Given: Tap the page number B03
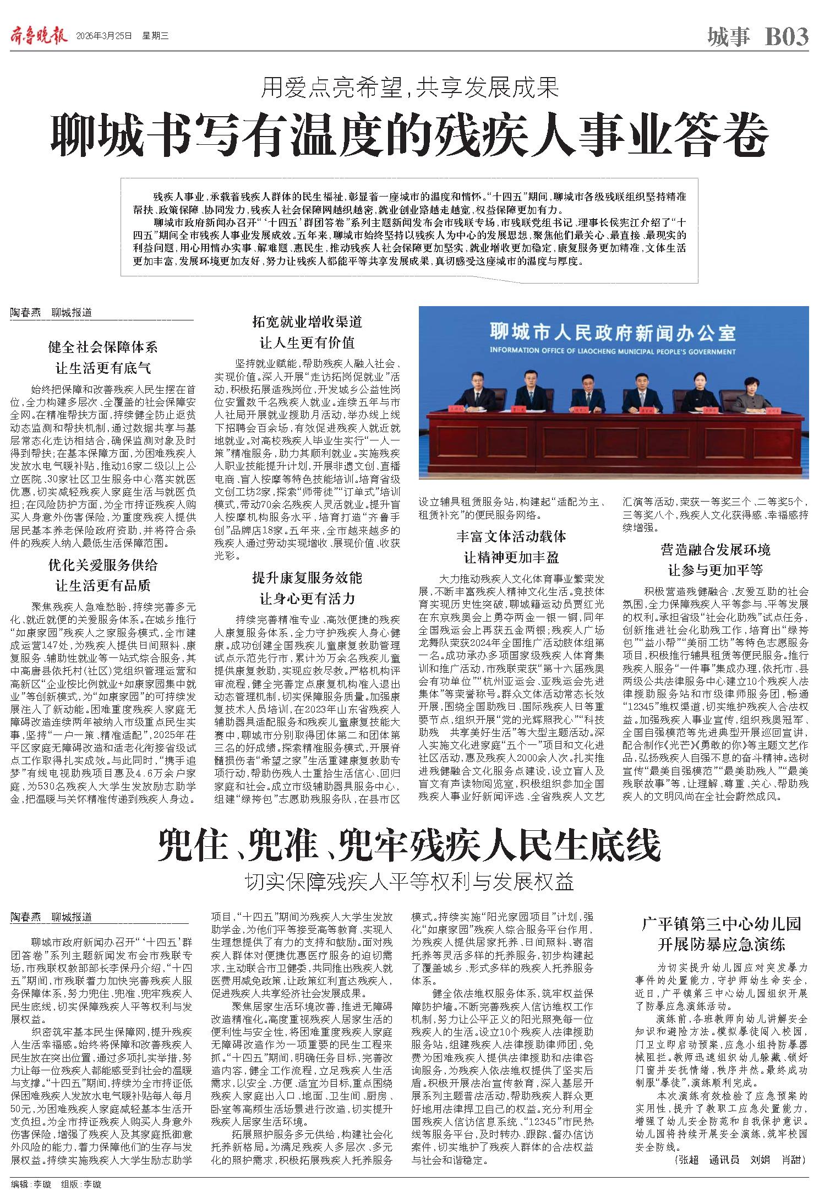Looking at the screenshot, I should click(x=787, y=37).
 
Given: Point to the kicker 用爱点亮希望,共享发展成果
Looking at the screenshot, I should click(x=409, y=86).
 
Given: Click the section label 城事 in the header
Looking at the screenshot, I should click(x=728, y=37).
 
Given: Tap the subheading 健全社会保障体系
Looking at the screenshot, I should click(x=103, y=347).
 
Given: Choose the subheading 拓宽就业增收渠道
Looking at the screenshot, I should click(x=307, y=322).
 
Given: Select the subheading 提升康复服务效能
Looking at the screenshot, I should click(x=307, y=578).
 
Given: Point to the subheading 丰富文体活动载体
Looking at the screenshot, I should click(x=511, y=536).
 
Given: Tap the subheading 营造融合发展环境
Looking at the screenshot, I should click(x=716, y=549).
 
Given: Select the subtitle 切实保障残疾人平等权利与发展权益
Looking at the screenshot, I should click(x=409, y=881).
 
